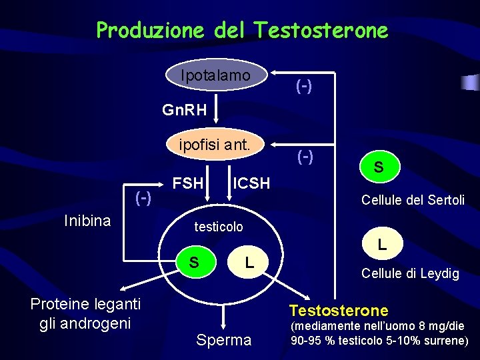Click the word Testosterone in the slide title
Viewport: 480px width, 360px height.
321,30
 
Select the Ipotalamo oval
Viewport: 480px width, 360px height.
215,76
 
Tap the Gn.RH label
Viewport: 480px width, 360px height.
185,109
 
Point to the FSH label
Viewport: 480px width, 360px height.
189,182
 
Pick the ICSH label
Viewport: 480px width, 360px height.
251,183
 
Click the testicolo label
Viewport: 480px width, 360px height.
219,227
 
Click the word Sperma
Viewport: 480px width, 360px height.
224,340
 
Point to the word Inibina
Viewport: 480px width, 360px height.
87,221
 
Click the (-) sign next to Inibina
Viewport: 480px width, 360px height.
143,197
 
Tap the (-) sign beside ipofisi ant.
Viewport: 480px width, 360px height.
304,157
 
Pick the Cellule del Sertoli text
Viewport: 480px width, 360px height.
413,200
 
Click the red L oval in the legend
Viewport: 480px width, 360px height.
382,245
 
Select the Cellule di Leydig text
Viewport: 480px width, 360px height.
410,273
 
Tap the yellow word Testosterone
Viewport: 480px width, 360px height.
339,310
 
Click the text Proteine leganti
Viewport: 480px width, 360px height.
86,304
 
